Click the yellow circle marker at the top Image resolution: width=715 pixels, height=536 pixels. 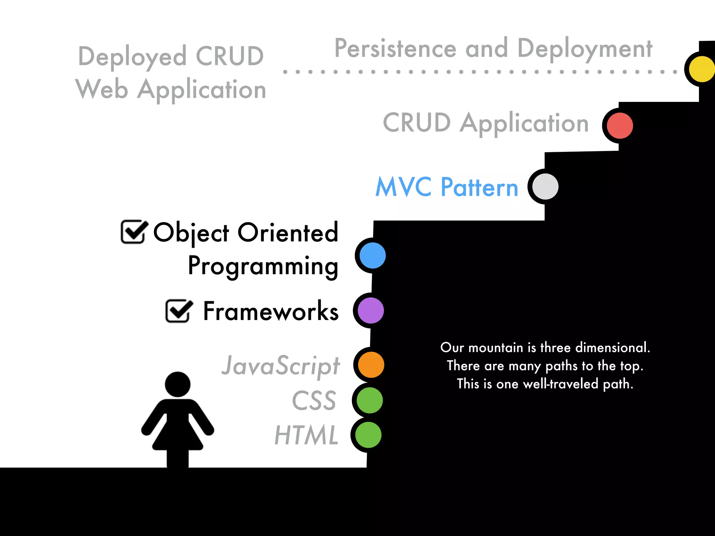coord(702,69)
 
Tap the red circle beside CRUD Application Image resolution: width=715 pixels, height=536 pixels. coord(620,126)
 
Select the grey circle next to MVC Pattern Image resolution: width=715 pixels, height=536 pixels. coord(545,187)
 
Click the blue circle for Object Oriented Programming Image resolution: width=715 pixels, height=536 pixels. coord(373,255)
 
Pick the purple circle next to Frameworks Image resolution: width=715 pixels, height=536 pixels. coord(371,311)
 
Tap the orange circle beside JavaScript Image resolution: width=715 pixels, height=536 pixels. coord(371,365)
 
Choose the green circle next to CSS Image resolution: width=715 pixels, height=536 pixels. coord(370,400)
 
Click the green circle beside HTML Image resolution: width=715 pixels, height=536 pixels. coord(368,435)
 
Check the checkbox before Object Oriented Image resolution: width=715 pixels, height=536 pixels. coord(133,232)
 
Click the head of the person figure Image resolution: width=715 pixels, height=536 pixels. coord(178,384)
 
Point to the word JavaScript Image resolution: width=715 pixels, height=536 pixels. coord(281,366)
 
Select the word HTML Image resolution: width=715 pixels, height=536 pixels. coord(307,435)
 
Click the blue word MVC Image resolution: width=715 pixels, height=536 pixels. coord(403,187)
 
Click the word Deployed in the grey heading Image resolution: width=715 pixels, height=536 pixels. coord(132,57)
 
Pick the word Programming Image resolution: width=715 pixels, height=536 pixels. coord(263,266)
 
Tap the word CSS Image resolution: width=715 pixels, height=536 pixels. coord(314,401)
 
